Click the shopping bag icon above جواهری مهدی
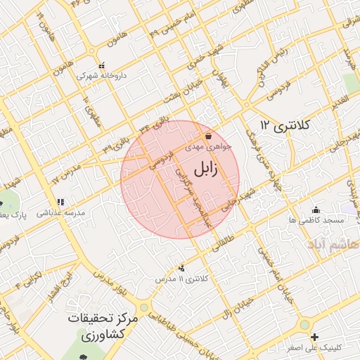[x=208, y=136]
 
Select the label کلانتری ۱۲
[x=285, y=124]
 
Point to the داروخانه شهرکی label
[x=96, y=74]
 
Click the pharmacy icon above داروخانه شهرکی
[x=102, y=64]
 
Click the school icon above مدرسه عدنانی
[x=60, y=201]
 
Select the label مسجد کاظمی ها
[x=316, y=220]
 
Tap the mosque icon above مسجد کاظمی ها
[x=316, y=210]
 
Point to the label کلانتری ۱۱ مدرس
[x=182, y=279]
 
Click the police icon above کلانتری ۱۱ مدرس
[x=182, y=268]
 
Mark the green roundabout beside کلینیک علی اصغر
[x=304, y=325]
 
